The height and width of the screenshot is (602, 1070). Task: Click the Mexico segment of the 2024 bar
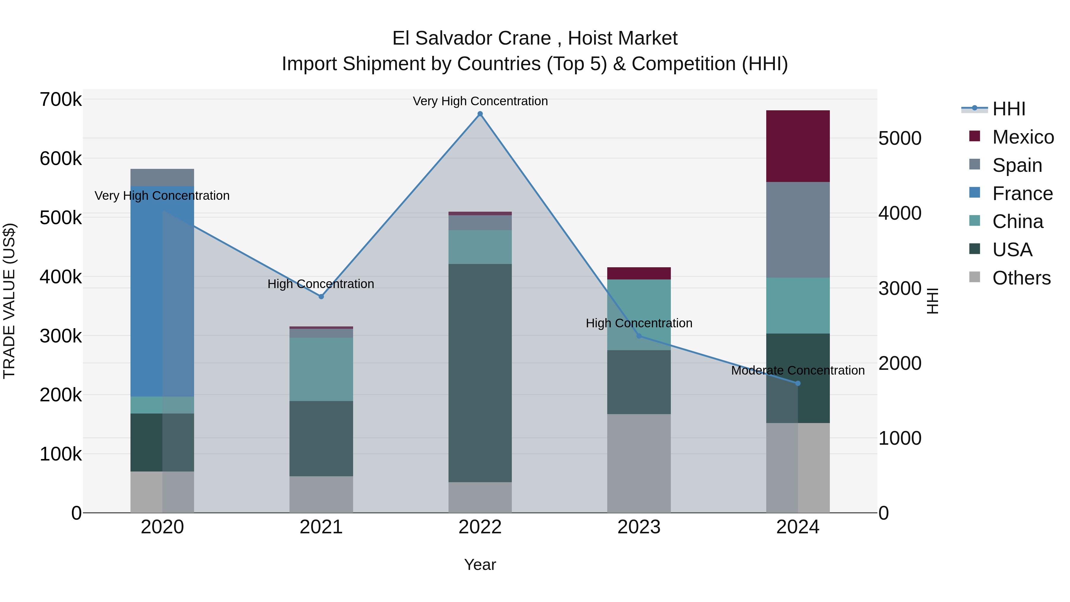[797, 146]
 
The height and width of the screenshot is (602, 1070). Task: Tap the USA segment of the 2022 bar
[480, 373]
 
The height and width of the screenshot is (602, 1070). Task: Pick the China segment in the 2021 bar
[321, 369]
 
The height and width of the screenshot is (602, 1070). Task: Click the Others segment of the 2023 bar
[639, 463]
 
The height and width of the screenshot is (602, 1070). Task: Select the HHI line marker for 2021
[321, 297]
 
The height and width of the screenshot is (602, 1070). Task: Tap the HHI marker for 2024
[797, 383]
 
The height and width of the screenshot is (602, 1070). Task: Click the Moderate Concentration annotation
[797, 370]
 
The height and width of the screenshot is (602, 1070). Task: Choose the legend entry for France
[1022, 194]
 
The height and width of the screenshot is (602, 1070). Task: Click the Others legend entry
[1021, 278]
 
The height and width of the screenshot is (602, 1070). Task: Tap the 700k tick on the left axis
[61, 100]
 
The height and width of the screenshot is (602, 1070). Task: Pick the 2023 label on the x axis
[639, 527]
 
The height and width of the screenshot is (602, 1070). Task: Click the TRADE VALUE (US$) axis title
[9, 301]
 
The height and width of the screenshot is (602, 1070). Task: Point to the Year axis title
[480, 565]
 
